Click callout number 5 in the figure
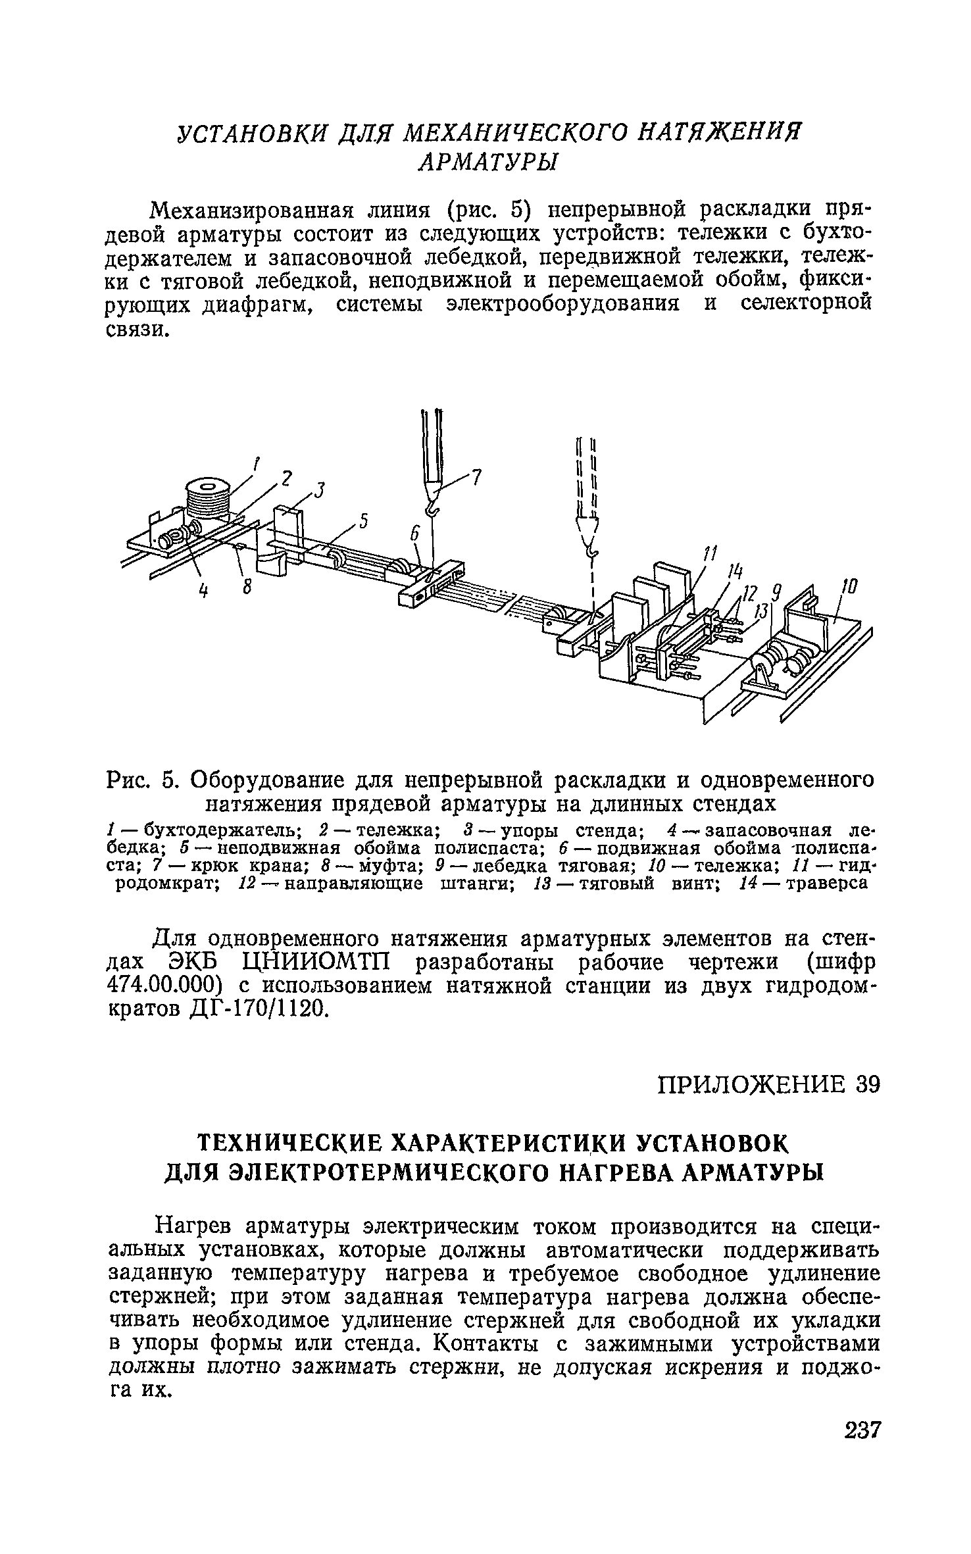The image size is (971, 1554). pos(362,522)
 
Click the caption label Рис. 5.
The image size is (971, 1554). pos(141,780)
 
